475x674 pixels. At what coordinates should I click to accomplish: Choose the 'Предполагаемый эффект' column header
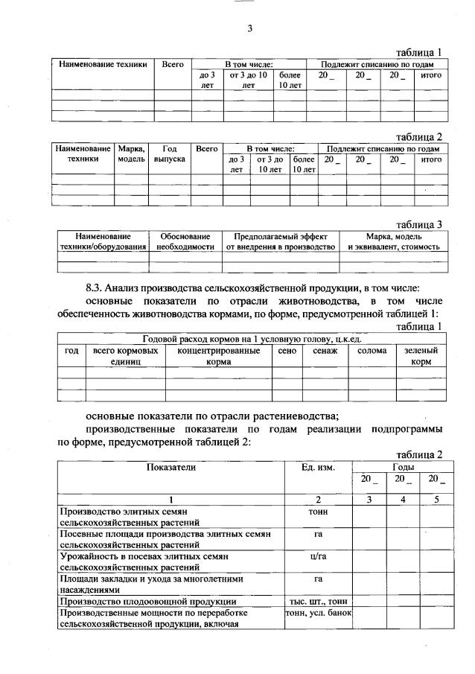pyautogui.click(x=280, y=241)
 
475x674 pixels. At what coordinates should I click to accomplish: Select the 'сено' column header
pyautogui.click(x=286, y=350)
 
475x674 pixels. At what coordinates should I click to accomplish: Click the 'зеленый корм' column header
pyautogui.click(x=421, y=355)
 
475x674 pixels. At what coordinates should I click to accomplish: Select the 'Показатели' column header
pyautogui.click(x=170, y=467)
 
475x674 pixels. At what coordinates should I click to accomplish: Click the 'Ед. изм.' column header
pyautogui.click(x=318, y=467)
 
